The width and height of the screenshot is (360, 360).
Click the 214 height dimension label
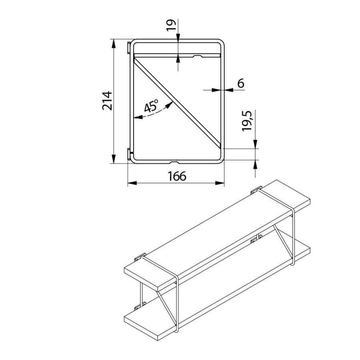(107, 101)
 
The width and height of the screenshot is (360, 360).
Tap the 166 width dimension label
(177, 176)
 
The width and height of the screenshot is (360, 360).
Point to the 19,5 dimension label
(247, 121)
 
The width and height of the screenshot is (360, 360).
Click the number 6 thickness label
(241, 83)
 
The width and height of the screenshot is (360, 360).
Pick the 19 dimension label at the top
(171, 25)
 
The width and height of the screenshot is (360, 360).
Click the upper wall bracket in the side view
(129, 48)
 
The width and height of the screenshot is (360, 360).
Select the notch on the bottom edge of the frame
(175, 162)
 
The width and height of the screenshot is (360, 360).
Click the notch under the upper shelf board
(198, 56)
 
